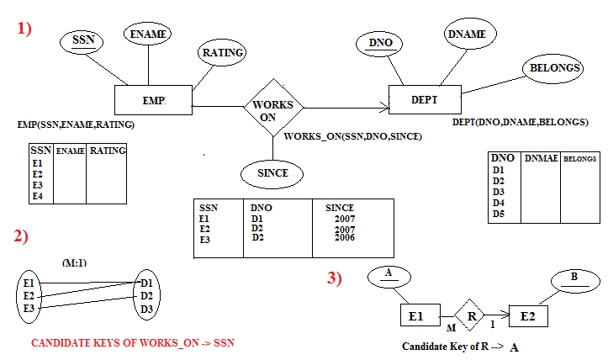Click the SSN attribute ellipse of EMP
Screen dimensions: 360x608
click(x=83, y=40)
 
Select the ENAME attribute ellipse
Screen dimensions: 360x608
click(x=147, y=34)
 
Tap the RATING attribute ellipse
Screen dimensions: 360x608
click(x=222, y=53)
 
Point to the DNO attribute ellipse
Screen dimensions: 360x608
click(x=369, y=43)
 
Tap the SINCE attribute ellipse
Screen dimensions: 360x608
click(x=267, y=173)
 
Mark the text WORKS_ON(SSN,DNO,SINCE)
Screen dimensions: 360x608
click(x=352, y=136)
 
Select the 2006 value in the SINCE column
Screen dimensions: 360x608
click(x=342, y=238)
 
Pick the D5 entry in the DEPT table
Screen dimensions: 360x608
click(x=498, y=214)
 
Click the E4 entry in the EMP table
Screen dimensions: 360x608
click(x=37, y=197)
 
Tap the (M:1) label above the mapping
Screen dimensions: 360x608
click(x=76, y=262)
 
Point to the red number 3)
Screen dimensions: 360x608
click(x=335, y=278)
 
